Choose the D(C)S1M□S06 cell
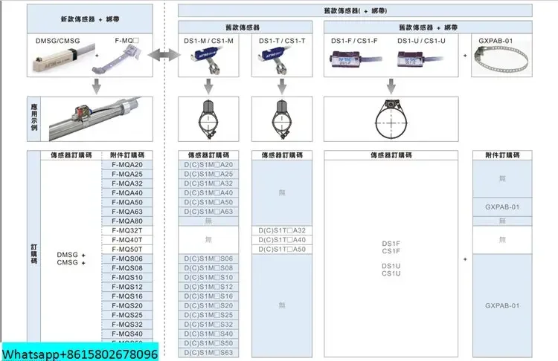pos(208,258)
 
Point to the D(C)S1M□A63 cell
pos(208,212)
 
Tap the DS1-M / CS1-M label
pos(209,41)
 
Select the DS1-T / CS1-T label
pos(282,41)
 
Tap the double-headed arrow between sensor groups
pos(163,56)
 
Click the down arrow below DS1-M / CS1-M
pos(208,87)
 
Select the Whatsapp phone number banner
pos(79,354)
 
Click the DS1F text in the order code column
pos(391,243)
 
